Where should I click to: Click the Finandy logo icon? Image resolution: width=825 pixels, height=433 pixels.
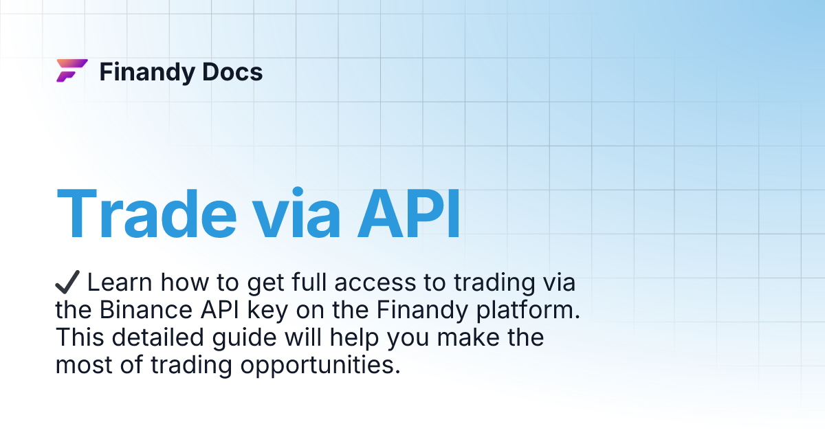click(71, 71)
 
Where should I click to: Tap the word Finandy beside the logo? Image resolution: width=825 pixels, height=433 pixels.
click(143, 71)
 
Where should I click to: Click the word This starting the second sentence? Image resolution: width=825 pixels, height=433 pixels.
click(78, 337)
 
